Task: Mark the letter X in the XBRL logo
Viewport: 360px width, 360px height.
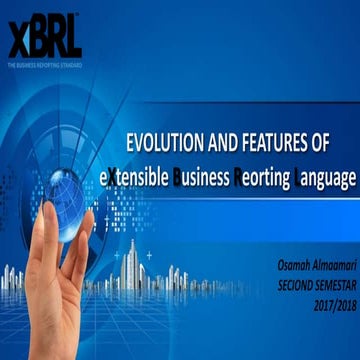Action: click(x=17, y=40)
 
